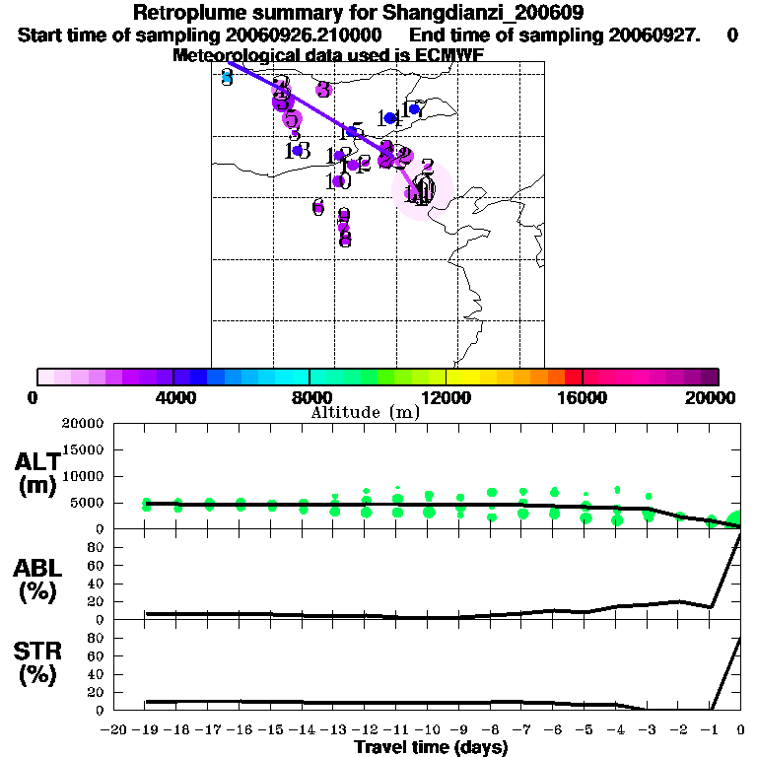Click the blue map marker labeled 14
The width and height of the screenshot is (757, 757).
(390, 118)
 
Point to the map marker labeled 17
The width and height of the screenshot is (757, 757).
(414, 109)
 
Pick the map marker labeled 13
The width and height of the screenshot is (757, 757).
(298, 151)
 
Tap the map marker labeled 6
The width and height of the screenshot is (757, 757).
(317, 207)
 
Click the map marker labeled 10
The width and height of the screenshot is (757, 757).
(338, 181)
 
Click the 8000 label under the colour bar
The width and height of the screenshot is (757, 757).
(309, 398)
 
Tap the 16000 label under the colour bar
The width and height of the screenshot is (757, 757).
(582, 398)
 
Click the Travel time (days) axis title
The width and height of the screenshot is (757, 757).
(431, 747)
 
